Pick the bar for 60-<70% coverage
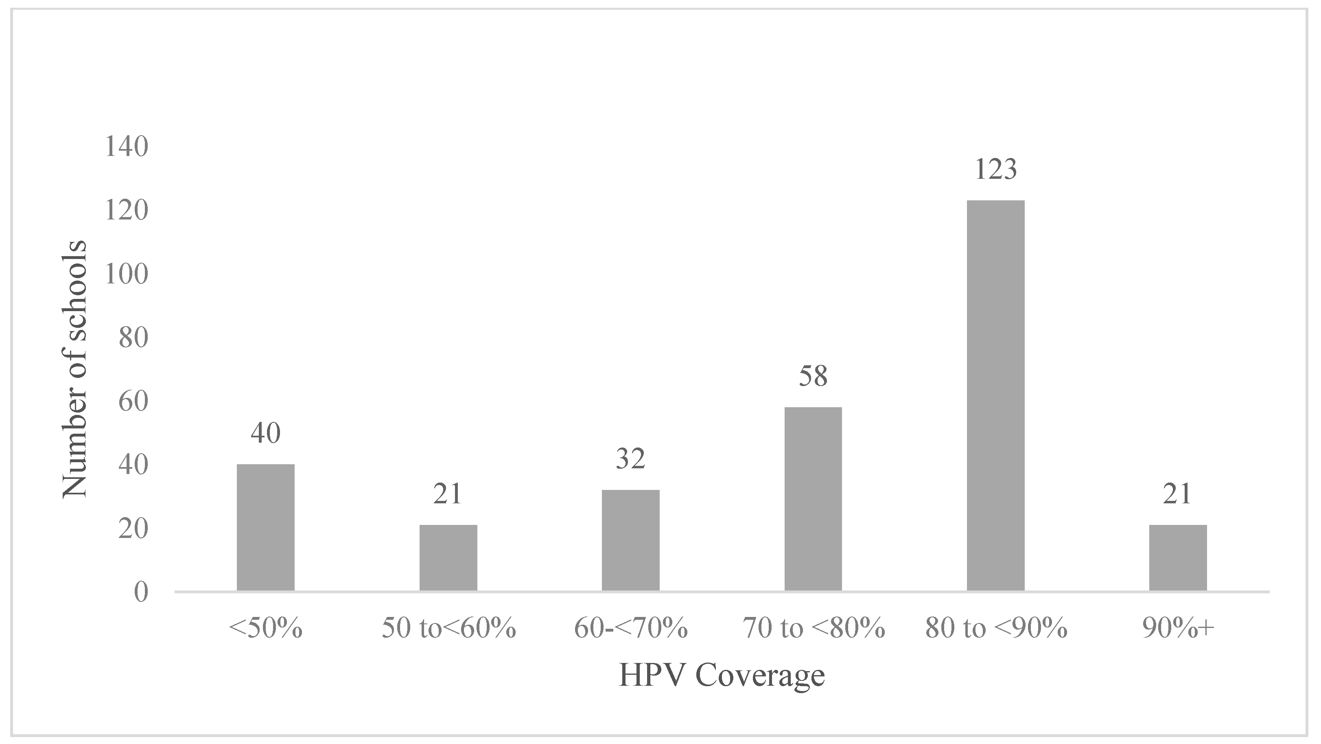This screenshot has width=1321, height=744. click(630, 540)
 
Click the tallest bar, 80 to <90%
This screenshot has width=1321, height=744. click(995, 395)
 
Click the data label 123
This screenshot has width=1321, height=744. click(995, 169)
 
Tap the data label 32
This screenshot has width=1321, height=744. click(630, 459)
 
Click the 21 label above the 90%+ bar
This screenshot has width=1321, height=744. click(1178, 494)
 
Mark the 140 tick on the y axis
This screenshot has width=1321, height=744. click(126, 147)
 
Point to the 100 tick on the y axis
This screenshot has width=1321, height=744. click(126, 274)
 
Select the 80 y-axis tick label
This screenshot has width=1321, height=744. click(133, 338)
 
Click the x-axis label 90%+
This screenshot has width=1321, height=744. click(1178, 628)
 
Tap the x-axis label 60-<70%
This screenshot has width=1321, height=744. click(630, 628)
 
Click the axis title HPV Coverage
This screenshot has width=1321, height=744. click(722, 675)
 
